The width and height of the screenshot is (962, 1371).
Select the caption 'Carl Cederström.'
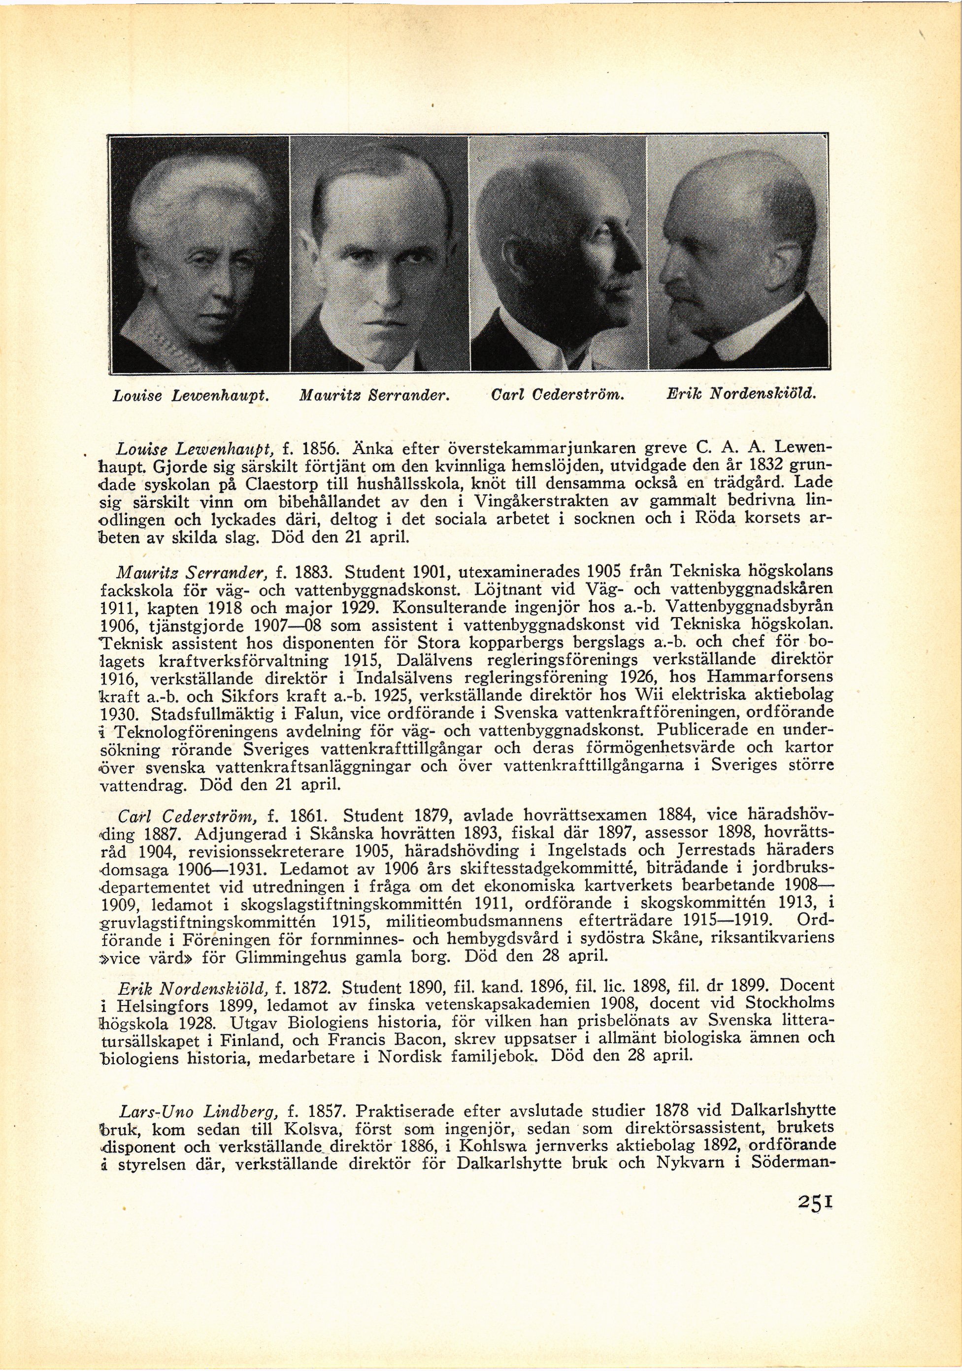pyautogui.click(x=556, y=394)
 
